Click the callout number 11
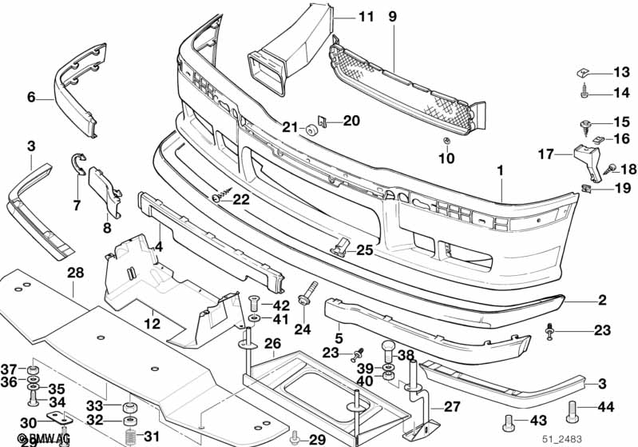(366, 17)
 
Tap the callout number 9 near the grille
(392, 17)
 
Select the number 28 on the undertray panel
(75, 273)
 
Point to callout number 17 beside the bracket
(545, 154)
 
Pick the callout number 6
(31, 98)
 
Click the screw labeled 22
(218, 195)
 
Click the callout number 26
(272, 344)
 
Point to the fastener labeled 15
(583, 124)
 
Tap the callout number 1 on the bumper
(500, 170)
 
